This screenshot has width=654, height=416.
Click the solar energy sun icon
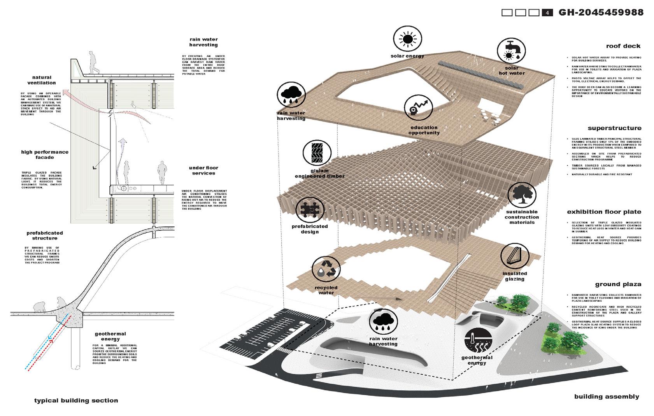coord(407,39)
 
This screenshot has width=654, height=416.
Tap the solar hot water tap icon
coord(511,51)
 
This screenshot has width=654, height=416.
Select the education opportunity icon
coord(418,108)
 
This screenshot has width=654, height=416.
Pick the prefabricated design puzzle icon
coord(310,210)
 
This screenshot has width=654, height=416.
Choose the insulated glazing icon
coord(514,257)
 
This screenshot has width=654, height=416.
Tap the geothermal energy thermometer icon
coord(478,341)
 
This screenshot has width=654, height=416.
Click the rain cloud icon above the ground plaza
coord(383,322)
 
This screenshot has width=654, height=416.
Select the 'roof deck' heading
coord(623,46)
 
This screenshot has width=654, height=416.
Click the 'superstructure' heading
coord(614,128)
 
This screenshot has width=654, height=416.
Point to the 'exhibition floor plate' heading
coord(604,212)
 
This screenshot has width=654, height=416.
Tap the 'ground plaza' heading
coord(618,284)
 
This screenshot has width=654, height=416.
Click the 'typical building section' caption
coord(76,400)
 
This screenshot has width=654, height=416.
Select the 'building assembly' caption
coord(607,397)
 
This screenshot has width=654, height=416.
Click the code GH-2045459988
coord(601,12)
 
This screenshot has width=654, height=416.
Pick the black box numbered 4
coord(547,13)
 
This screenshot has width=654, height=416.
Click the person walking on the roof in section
coord(93,62)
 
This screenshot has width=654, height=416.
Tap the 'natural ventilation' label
coord(42,80)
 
